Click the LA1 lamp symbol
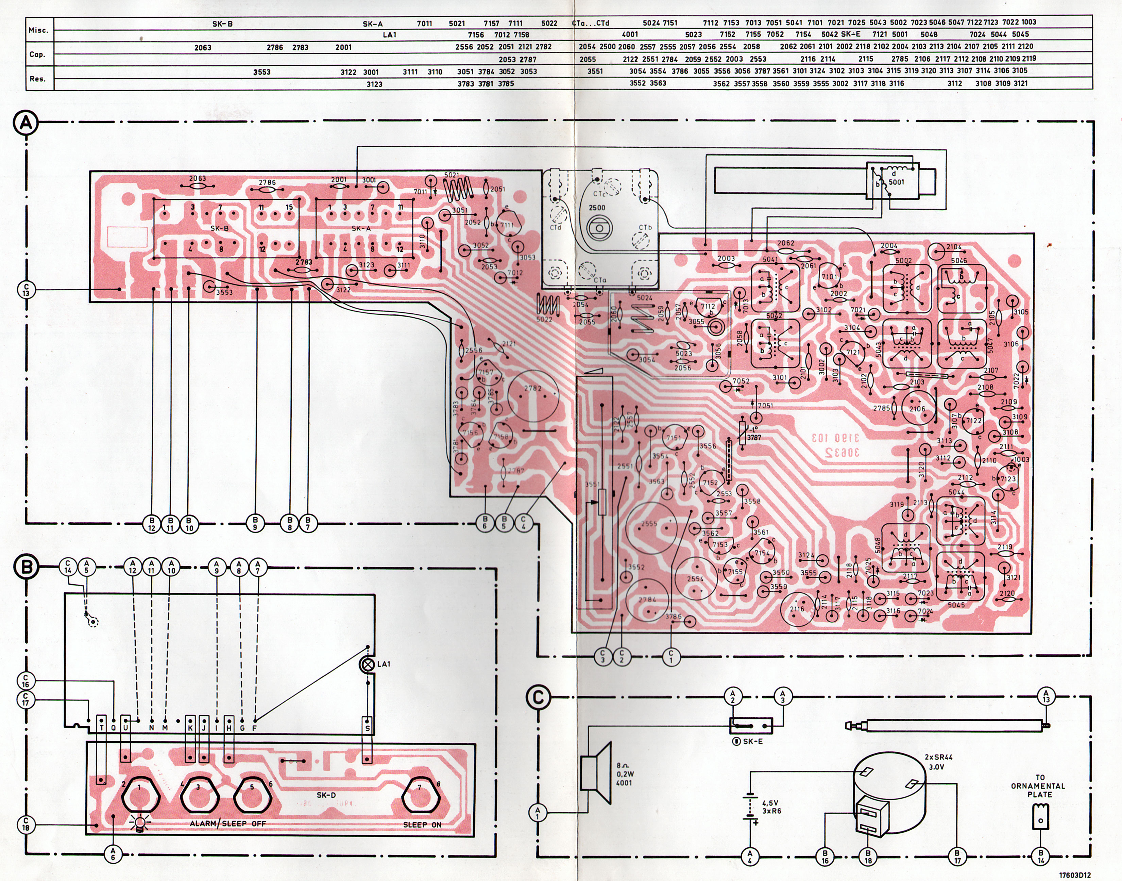click(368, 664)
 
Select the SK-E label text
click(752, 741)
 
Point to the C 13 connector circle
click(26, 289)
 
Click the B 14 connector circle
click(1040, 856)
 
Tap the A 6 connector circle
click(113, 854)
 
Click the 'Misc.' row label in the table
click(38, 30)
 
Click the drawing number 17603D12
click(1075, 875)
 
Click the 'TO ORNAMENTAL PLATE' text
click(1039, 786)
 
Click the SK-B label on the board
click(220, 228)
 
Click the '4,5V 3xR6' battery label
click(771, 807)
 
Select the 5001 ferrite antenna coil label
click(896, 182)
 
